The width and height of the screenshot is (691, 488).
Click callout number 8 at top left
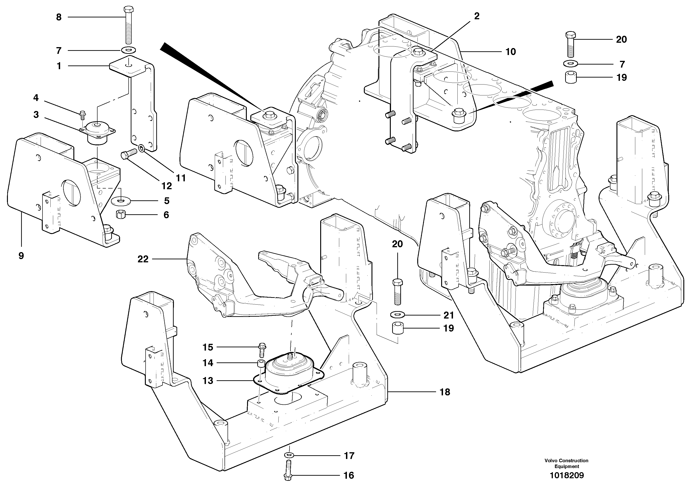click(59, 17)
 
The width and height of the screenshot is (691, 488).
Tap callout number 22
click(143, 259)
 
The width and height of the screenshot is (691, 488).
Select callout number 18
click(445, 392)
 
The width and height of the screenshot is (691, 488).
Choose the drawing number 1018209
click(567, 475)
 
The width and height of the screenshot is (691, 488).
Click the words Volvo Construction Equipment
click(566, 463)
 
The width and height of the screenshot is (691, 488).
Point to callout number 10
click(510, 52)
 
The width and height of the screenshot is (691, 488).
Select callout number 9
click(21, 256)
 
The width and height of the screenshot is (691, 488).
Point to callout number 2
click(476, 16)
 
